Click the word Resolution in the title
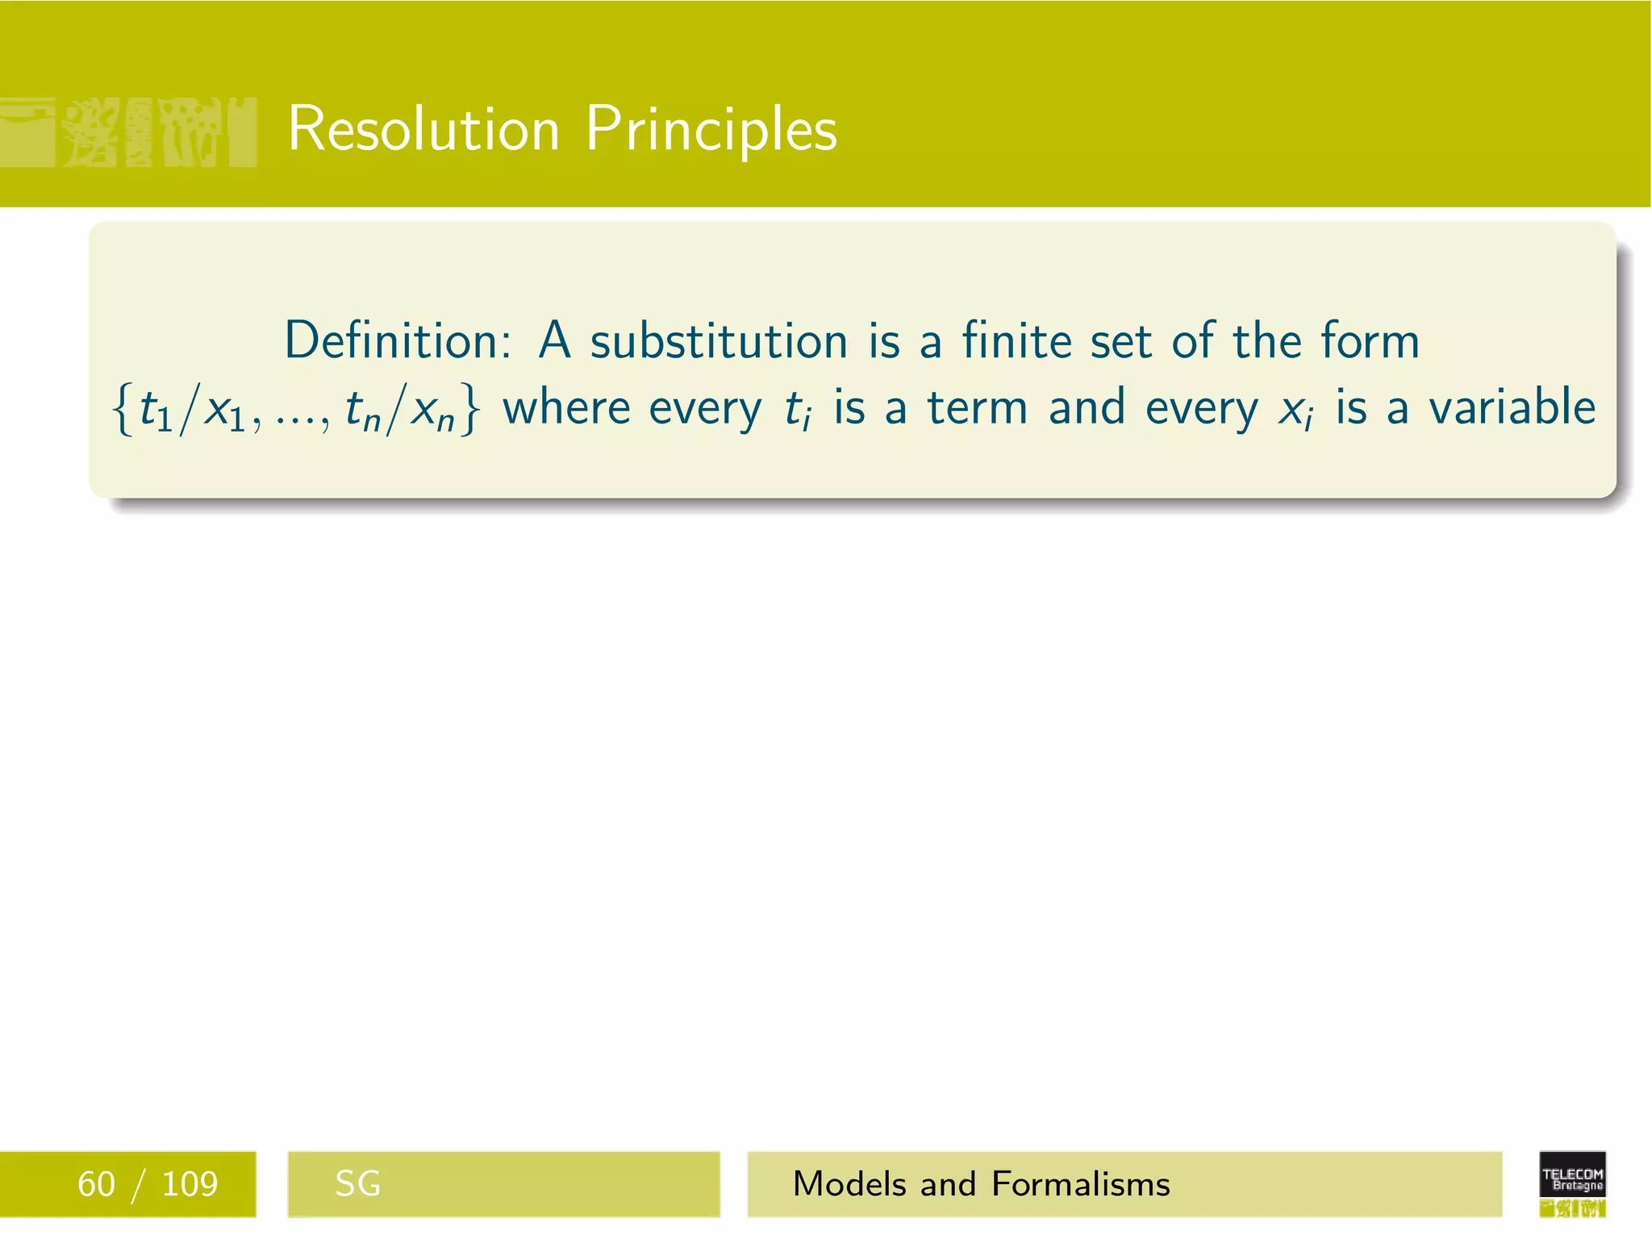click(423, 129)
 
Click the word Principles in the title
click(711, 129)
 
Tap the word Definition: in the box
click(397, 340)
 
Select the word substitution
click(719, 340)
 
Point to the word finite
click(1016, 340)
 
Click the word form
click(1370, 340)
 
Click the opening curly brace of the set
click(123, 410)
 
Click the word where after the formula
click(565, 408)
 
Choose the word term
click(977, 408)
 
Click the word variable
click(1512, 407)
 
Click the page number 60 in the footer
click(96, 1184)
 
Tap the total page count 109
click(190, 1184)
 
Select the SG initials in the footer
click(357, 1184)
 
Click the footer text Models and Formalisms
click(981, 1184)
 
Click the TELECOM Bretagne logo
click(1572, 1183)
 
